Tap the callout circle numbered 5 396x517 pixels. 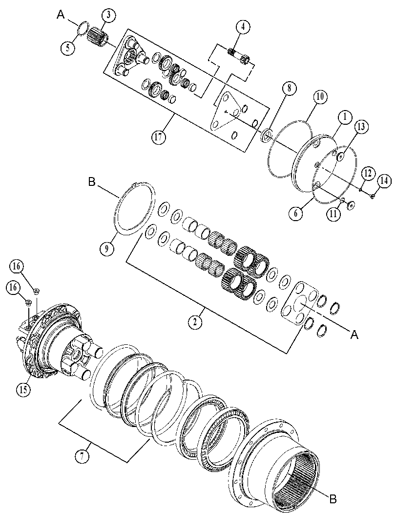point(68,48)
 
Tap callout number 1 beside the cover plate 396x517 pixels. point(345,117)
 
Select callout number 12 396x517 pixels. point(369,173)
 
